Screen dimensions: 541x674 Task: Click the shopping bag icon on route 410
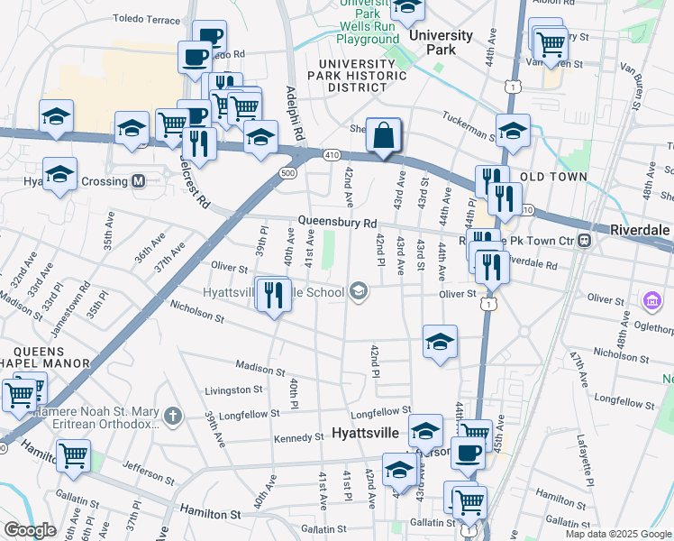384,136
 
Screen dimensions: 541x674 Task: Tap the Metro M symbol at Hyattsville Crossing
139,180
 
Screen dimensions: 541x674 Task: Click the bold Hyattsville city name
365,433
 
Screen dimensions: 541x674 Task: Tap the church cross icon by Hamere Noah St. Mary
173,416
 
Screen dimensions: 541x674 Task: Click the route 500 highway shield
287,172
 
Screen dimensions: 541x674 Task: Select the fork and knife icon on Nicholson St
273,294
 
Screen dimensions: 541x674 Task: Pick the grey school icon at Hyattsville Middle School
359,290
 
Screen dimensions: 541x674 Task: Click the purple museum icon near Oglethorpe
651,299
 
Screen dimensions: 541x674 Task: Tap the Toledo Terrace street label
146,18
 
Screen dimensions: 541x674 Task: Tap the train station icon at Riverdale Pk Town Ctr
585,240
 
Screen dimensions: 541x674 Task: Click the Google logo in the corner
30,530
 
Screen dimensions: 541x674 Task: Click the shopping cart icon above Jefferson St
72,456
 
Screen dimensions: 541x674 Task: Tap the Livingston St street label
233,390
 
